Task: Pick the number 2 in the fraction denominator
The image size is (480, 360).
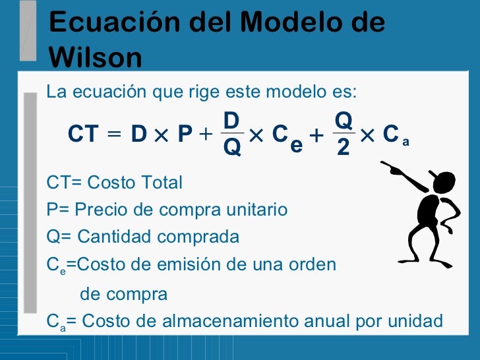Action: [343, 148]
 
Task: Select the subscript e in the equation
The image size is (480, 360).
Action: [296, 144]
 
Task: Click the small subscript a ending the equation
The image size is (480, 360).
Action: [406, 141]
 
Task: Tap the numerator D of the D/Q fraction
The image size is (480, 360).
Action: [231, 120]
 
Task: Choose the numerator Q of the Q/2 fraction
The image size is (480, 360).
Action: [344, 120]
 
